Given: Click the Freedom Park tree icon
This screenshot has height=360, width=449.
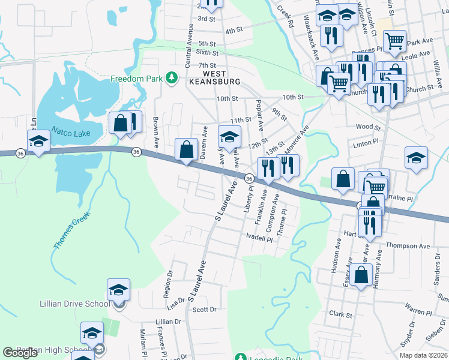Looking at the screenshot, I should (172, 77).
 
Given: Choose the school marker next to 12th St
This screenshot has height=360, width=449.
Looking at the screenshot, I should (229, 136).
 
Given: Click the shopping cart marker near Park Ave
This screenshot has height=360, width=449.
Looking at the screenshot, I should (394, 42).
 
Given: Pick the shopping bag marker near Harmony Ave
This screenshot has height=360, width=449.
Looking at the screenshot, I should (361, 275).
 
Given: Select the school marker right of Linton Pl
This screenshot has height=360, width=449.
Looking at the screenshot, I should (416, 158).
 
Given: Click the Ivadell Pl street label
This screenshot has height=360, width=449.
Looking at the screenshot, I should (259, 238).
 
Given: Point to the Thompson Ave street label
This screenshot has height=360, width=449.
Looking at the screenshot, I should (408, 246).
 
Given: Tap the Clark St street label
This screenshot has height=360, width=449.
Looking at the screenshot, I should (340, 314).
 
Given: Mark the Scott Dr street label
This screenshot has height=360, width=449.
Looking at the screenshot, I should (204, 310).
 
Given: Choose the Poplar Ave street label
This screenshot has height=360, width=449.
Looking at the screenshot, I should (261, 116).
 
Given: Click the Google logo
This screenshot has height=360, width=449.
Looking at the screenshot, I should (20, 353).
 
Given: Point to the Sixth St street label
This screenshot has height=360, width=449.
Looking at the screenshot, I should (206, 54).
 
